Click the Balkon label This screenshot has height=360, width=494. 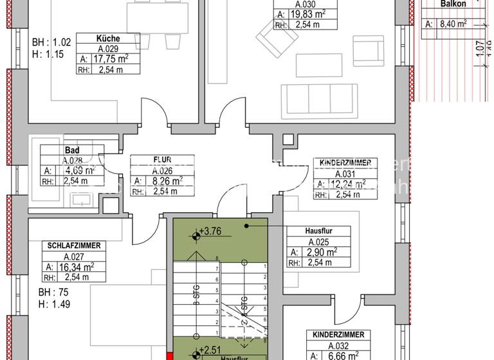coord(453,4)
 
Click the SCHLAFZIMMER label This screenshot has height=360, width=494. coord(74,246)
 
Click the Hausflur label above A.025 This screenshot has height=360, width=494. coord(318,231)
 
